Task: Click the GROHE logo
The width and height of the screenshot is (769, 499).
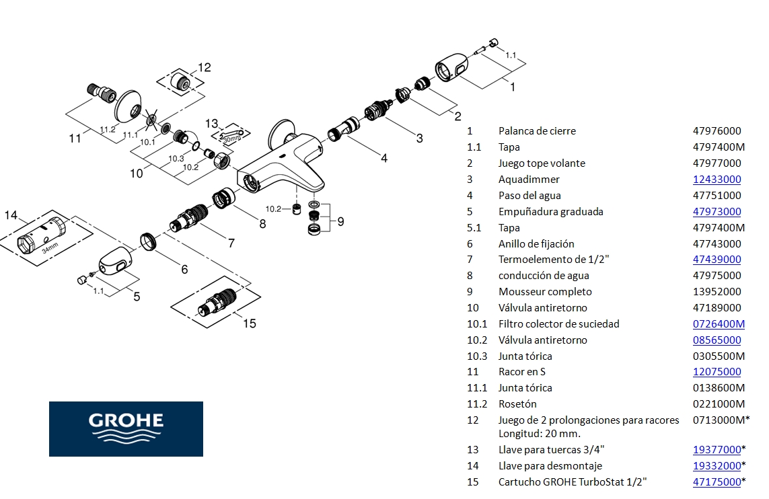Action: coord(126,428)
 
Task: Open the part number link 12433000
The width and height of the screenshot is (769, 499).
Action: coord(717,180)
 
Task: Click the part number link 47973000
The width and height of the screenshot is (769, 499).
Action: coord(717,212)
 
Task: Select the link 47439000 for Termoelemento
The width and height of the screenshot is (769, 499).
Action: coord(717,260)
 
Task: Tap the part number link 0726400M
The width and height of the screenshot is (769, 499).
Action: coord(719,324)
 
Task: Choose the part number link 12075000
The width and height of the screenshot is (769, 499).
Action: coord(717,372)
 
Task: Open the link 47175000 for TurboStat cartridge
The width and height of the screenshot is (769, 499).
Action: coord(717,482)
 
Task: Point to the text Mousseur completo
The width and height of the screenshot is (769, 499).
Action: coord(545,292)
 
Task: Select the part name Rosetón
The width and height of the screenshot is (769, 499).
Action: coord(517,404)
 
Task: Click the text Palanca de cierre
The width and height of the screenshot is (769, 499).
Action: coord(537,131)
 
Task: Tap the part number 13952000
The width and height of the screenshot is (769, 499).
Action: coord(717,292)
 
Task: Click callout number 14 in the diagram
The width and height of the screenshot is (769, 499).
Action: coord(11,215)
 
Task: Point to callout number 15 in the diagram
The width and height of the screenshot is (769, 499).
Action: coord(250,323)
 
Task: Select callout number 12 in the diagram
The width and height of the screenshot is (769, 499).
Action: coord(205,67)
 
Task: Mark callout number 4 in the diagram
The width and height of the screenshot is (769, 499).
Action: coord(383,159)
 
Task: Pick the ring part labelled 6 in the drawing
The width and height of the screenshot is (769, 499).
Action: coord(149,242)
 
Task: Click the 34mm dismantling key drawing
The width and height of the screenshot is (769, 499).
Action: coord(42,235)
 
